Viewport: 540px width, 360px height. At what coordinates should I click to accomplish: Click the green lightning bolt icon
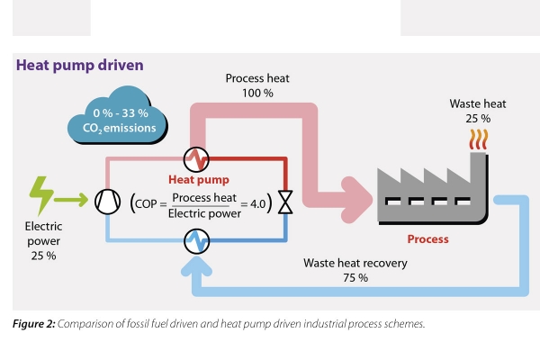click(x=41, y=195)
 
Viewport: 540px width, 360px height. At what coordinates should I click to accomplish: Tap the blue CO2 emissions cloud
click(x=117, y=115)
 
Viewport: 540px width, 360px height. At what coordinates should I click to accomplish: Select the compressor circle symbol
click(x=108, y=202)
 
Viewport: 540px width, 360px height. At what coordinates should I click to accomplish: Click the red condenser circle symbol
click(x=196, y=159)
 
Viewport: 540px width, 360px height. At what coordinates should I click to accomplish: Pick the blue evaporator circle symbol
click(x=196, y=241)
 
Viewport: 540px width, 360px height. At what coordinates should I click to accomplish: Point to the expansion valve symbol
click(x=285, y=202)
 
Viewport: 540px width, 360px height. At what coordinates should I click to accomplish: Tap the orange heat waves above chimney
click(x=479, y=139)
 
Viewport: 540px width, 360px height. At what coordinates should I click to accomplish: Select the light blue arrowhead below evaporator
click(x=196, y=266)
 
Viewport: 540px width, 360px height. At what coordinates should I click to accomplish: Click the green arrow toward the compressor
click(x=71, y=200)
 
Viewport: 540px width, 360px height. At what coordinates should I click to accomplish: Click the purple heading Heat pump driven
click(x=80, y=65)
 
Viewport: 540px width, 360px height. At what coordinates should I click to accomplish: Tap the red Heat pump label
click(x=199, y=179)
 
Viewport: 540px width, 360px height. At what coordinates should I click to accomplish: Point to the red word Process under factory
click(x=428, y=239)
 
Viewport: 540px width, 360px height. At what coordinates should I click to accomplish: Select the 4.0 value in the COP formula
click(x=258, y=204)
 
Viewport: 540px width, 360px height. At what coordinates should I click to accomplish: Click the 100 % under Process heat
click(x=257, y=93)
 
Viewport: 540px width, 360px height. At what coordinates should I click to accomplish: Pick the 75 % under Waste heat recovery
click(x=355, y=278)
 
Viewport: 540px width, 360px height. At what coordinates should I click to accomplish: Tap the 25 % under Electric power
click(x=43, y=256)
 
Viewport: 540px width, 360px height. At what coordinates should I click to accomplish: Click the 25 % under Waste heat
click(x=478, y=119)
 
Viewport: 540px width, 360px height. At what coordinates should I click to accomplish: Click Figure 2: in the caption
click(x=34, y=324)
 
